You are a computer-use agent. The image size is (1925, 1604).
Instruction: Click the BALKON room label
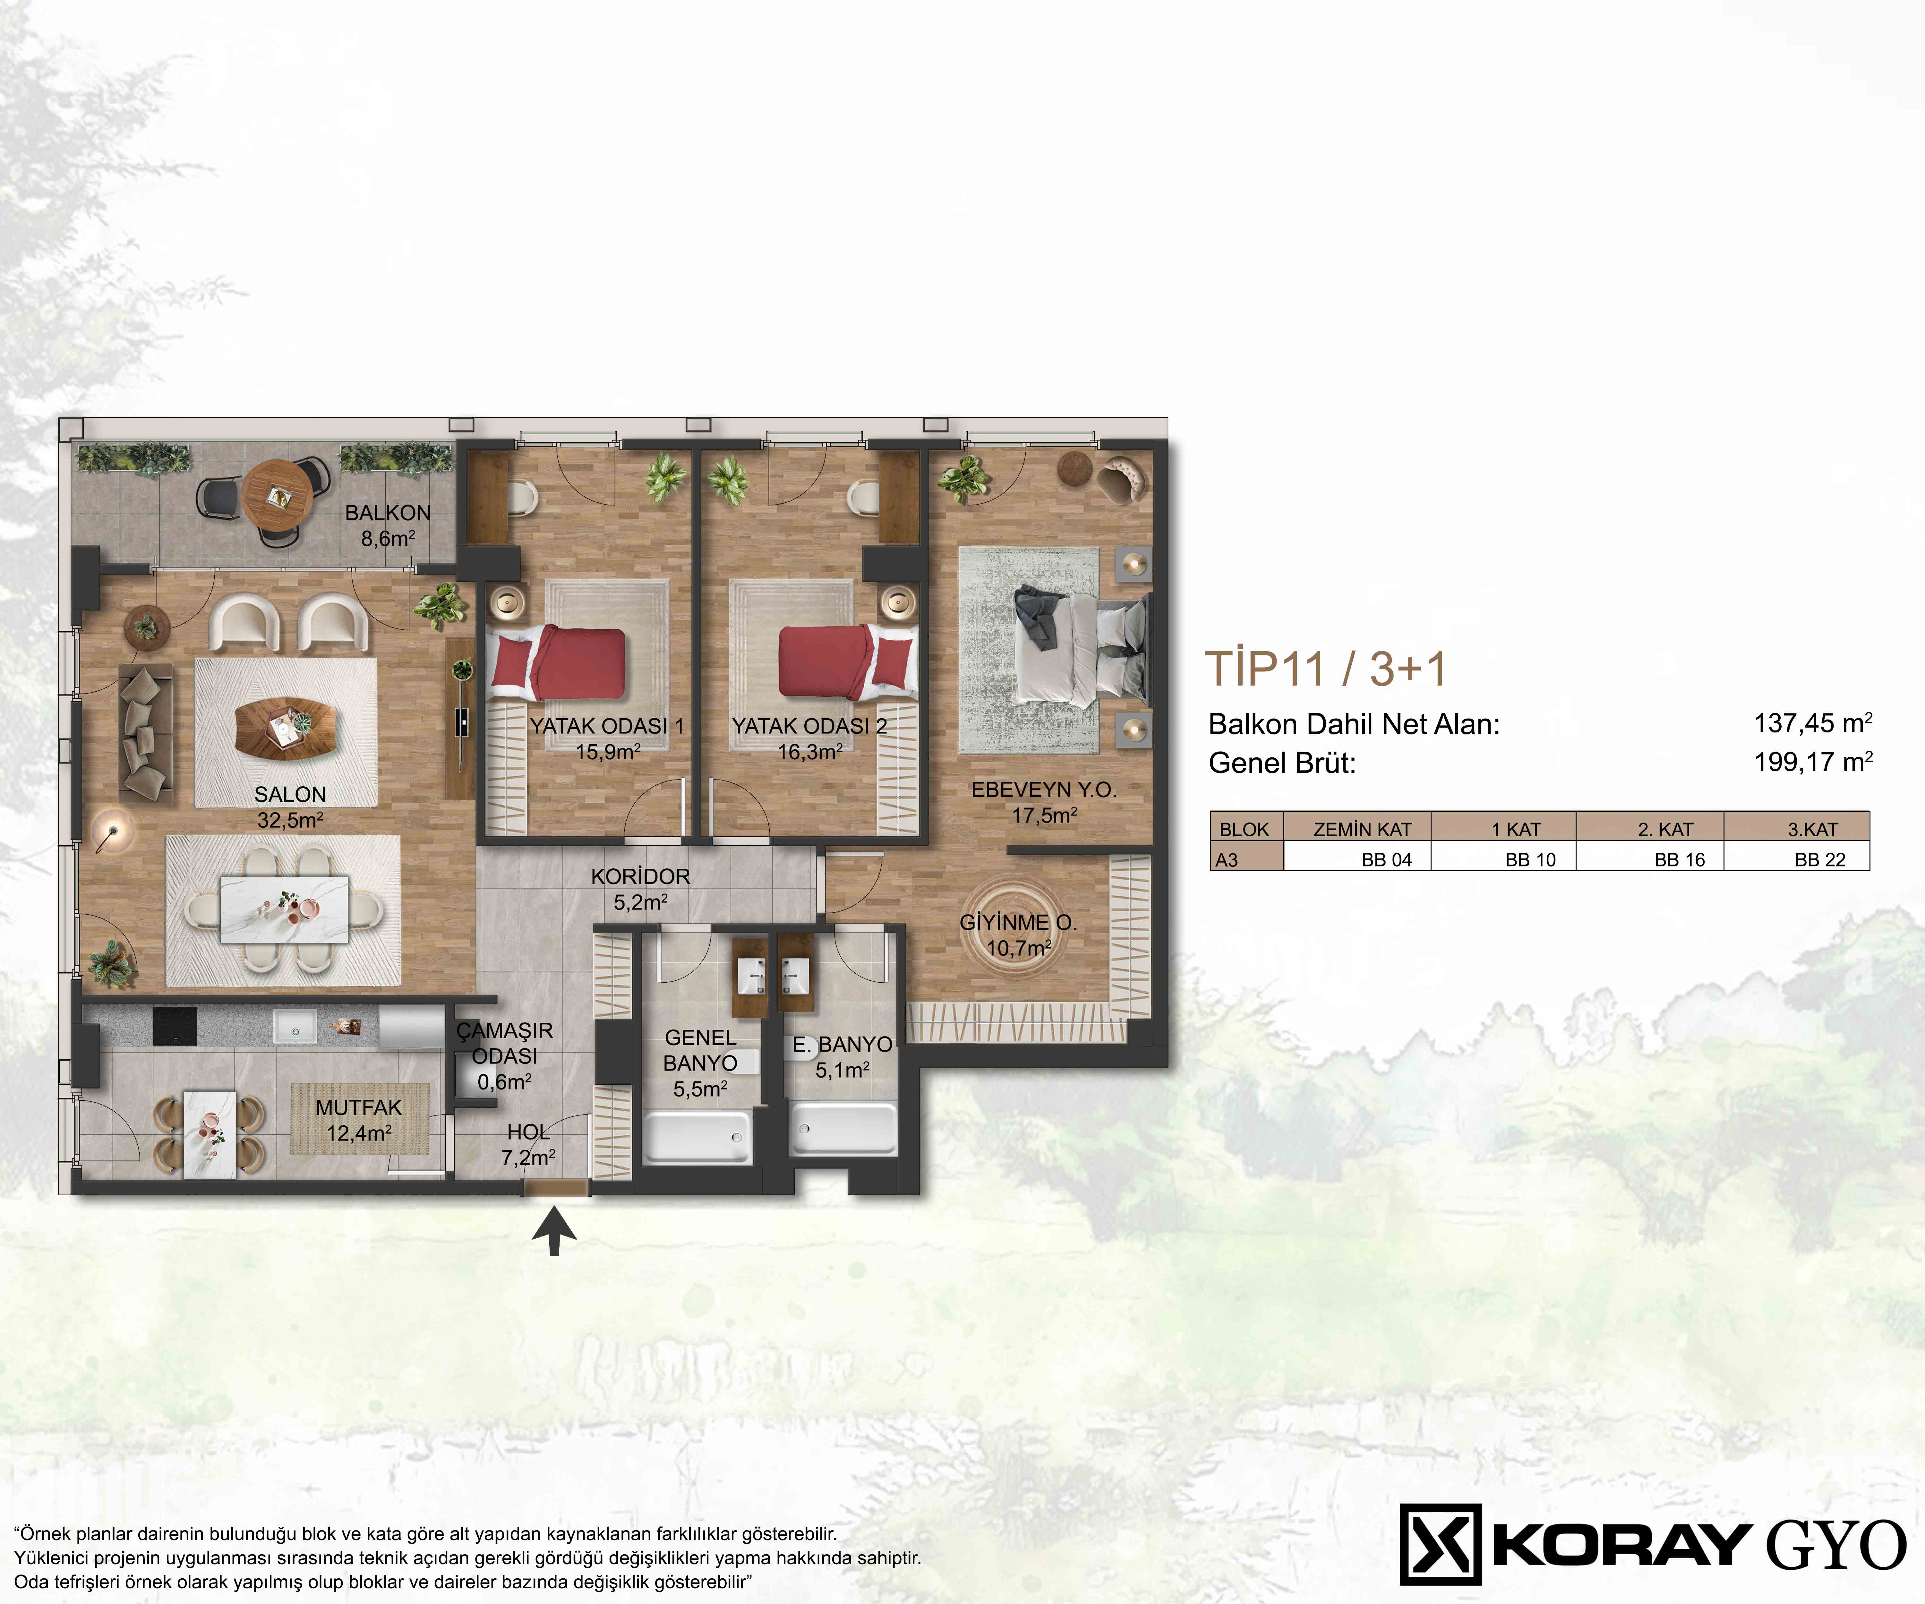pos(388,513)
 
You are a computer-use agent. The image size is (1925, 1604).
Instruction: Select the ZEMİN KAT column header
pos(1362,830)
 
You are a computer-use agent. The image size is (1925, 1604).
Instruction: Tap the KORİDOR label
pos(640,876)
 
